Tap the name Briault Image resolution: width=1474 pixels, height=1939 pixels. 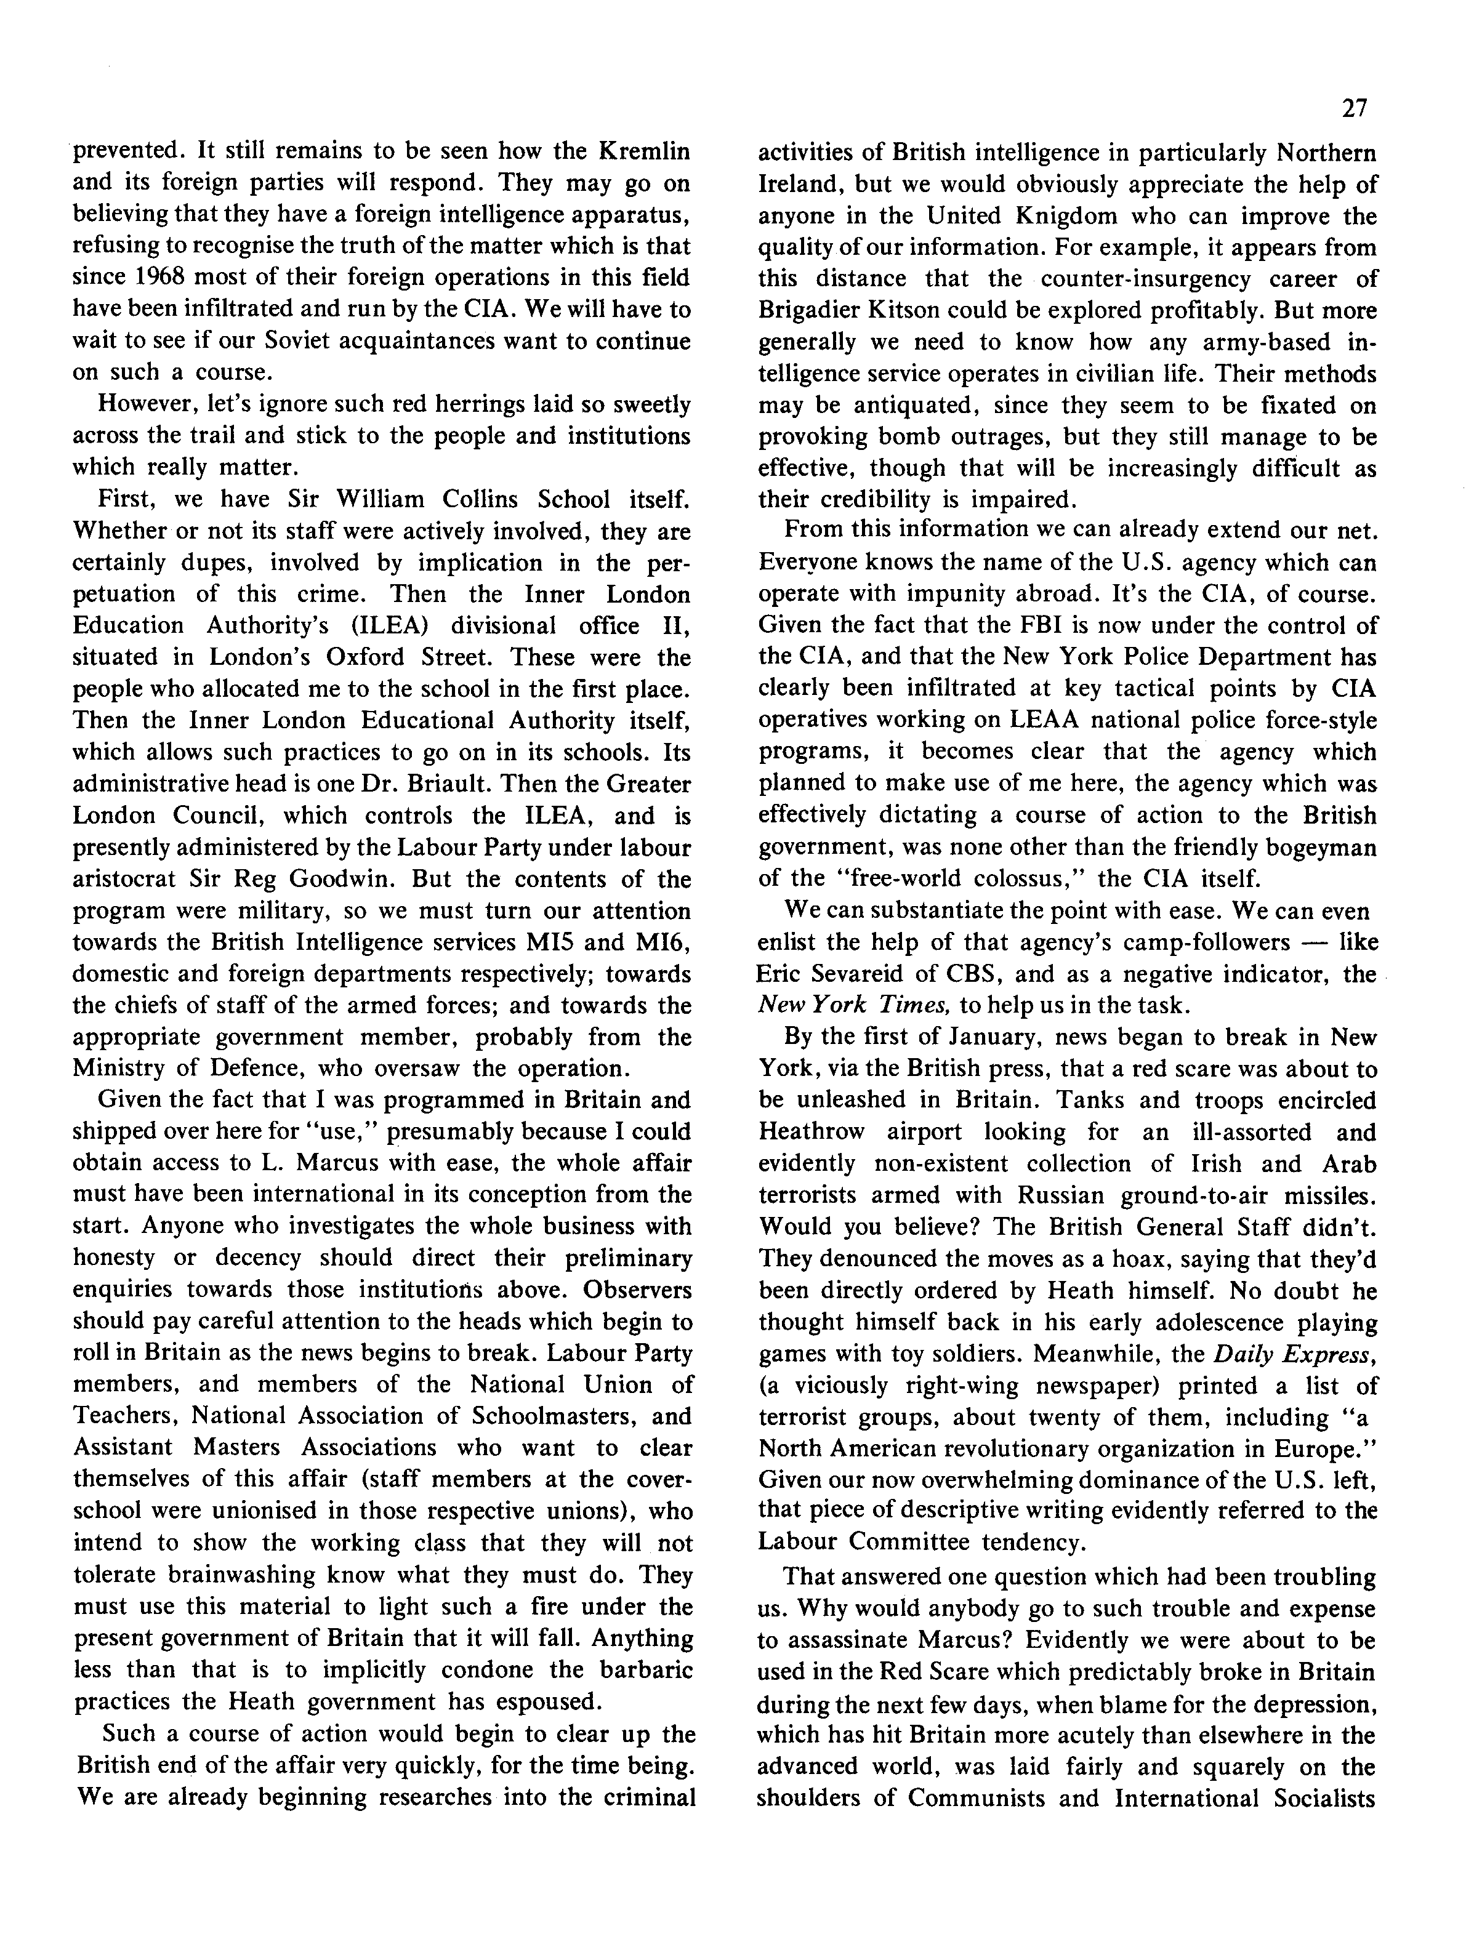(450, 783)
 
